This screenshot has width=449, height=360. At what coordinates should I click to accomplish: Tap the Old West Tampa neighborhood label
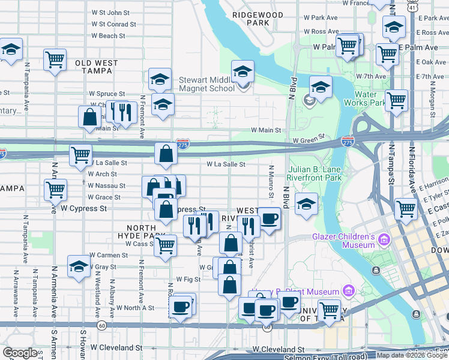coord(94,67)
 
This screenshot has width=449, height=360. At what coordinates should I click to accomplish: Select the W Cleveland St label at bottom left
coord(116,347)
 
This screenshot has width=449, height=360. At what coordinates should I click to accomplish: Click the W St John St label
coord(110,12)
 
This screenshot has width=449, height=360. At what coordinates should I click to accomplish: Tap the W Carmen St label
coord(109,255)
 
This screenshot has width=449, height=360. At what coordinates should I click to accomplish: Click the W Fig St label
coord(187,280)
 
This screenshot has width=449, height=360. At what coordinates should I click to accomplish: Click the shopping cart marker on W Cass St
coord(165,245)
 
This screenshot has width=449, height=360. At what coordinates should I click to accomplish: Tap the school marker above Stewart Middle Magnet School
coord(243,71)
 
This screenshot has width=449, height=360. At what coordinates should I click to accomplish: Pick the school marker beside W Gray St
coord(79,266)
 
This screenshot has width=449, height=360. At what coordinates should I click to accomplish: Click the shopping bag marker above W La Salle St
coord(166,153)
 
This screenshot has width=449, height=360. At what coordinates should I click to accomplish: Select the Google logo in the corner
coord(20,353)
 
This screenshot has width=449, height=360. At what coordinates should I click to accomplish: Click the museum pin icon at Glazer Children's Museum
coord(384,241)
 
